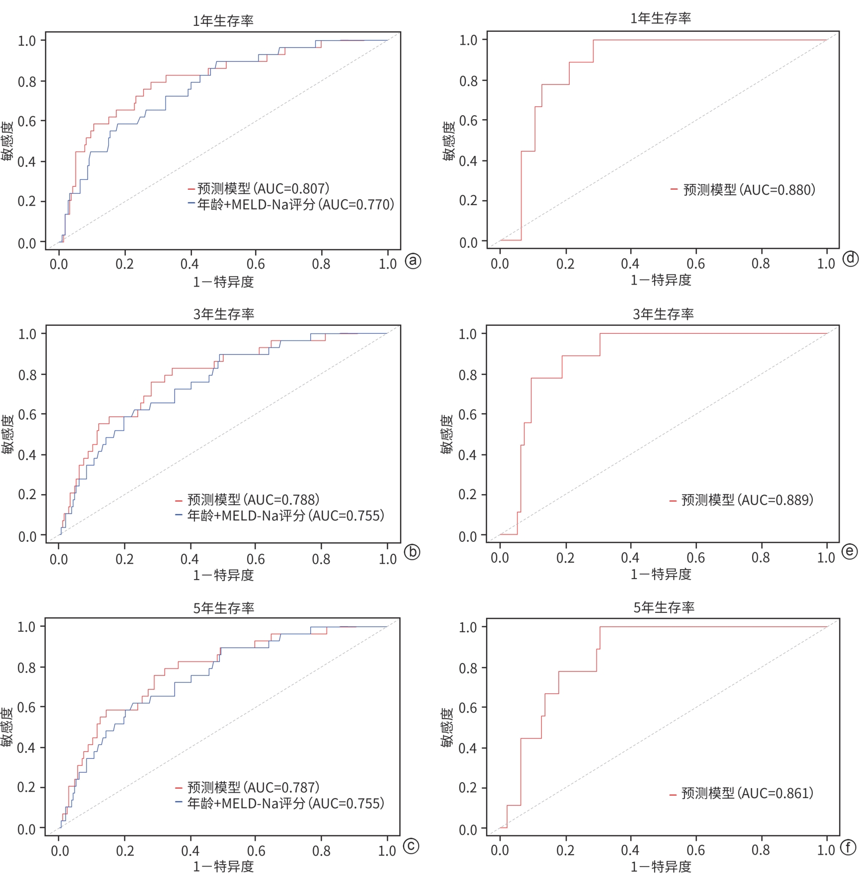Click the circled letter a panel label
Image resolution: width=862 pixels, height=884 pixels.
[413, 261]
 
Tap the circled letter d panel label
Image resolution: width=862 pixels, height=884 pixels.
[851, 258]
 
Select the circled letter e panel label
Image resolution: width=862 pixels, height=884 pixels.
[850, 552]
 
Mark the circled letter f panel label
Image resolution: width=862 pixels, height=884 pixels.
[849, 848]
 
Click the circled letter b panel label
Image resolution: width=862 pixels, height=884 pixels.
[412, 552]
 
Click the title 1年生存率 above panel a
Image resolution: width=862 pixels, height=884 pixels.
[223, 21]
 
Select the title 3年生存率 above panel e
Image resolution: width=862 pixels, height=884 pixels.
[663, 314]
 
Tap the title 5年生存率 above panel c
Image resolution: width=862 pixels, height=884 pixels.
[224, 608]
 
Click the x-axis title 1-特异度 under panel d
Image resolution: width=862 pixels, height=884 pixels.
[661, 280]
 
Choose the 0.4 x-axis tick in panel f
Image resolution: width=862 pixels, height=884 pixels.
[630, 850]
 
